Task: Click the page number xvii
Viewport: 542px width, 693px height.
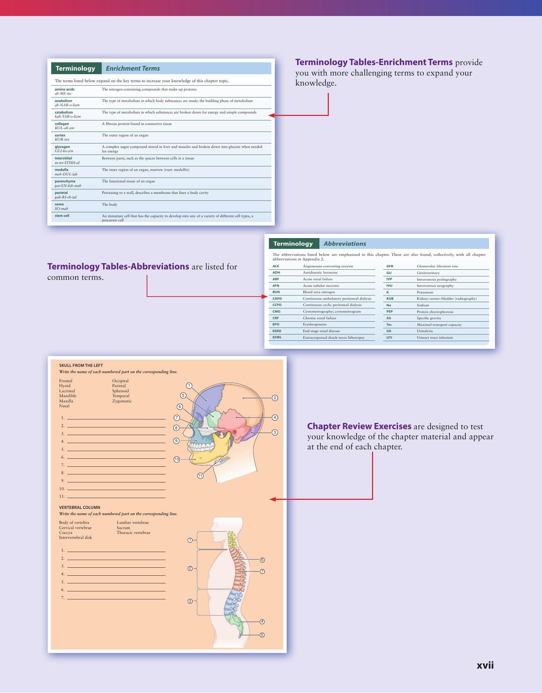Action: click(485, 665)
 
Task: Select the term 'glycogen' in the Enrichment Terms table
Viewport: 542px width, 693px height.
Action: click(62, 147)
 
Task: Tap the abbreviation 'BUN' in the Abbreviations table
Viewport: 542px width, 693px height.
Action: click(276, 292)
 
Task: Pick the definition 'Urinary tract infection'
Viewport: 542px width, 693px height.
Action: click(435, 338)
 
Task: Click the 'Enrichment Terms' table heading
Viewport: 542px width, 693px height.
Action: click(133, 69)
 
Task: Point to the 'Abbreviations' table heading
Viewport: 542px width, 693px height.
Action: click(345, 244)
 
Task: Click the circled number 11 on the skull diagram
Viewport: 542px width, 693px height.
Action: click(200, 476)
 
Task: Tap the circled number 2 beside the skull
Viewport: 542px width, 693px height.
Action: click(275, 398)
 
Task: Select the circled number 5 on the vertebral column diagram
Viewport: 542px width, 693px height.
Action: click(262, 635)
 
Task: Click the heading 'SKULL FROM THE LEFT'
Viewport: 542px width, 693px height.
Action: click(81, 365)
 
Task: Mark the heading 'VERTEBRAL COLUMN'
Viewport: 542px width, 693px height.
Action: click(79, 507)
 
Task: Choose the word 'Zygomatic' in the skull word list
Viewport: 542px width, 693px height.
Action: click(122, 401)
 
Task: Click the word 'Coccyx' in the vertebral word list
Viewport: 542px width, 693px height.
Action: click(66, 533)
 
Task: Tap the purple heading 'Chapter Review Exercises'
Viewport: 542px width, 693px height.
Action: click(359, 426)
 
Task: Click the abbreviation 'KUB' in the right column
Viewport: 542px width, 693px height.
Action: click(390, 299)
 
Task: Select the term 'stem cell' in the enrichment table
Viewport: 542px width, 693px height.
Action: click(62, 216)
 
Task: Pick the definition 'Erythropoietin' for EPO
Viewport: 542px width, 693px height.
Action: click(315, 324)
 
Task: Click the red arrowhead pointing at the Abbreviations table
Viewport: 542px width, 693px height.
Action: click(265, 297)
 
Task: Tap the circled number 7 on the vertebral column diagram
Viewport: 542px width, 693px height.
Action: click(262, 572)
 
